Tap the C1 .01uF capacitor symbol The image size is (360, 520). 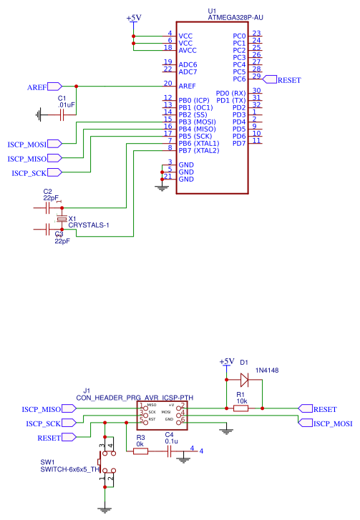click(x=62, y=113)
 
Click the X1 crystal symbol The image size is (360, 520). click(x=62, y=218)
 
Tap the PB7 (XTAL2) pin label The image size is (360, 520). click(x=198, y=150)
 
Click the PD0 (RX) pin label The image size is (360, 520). click(x=230, y=93)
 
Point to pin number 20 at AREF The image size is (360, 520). click(x=167, y=84)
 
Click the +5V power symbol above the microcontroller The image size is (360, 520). click(x=133, y=18)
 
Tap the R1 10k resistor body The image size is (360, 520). click(x=241, y=408)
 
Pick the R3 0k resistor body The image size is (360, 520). click(x=140, y=451)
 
